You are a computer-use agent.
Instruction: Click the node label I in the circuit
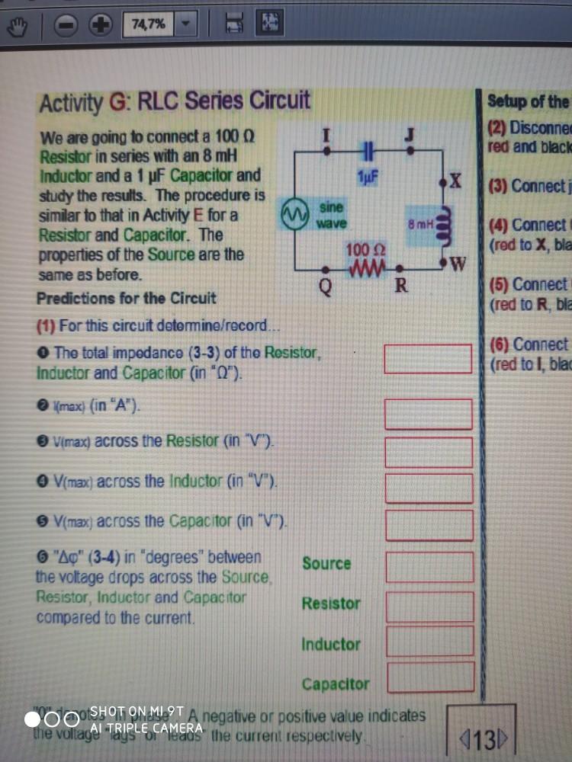(x=326, y=133)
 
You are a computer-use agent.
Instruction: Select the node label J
(x=410, y=133)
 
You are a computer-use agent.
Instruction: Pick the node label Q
(x=326, y=287)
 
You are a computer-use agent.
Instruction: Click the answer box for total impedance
(x=428, y=358)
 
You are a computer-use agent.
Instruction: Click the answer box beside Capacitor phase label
(x=430, y=677)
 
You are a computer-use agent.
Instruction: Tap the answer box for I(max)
(x=428, y=413)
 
